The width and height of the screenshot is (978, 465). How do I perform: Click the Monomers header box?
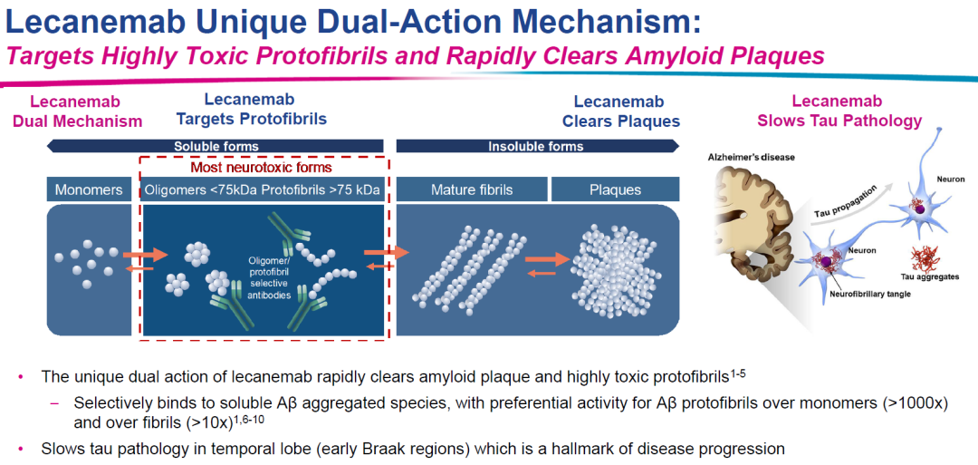coord(89,189)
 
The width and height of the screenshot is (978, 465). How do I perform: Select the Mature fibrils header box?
coord(472,189)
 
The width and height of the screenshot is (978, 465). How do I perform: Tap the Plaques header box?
coord(615,189)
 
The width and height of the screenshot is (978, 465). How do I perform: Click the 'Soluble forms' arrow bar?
coord(216,146)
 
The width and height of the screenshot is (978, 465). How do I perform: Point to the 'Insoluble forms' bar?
coord(536,146)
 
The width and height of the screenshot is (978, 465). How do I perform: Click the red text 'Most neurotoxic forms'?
coord(261,167)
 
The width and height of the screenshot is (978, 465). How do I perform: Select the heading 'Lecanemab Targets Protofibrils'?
coord(264,109)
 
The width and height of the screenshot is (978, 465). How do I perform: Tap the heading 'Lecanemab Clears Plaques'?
coord(619,111)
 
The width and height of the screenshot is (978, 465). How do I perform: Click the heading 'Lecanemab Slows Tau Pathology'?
coord(839,111)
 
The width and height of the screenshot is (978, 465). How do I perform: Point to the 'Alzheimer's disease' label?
coord(751,158)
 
